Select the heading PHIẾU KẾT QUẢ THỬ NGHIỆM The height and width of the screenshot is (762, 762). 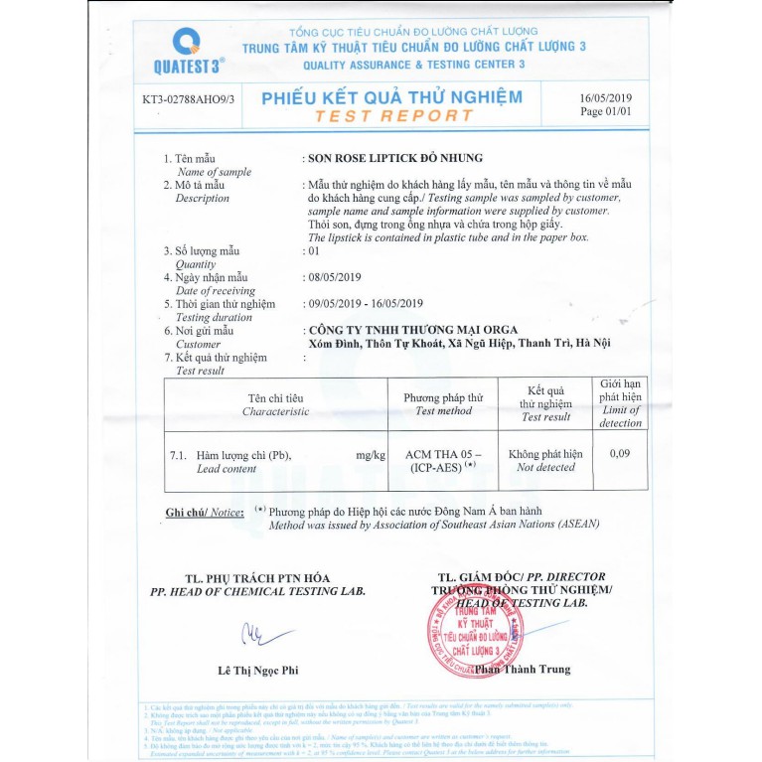point(391,97)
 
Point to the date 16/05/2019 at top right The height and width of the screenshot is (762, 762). point(605,98)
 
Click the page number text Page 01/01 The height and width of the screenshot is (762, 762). point(605,112)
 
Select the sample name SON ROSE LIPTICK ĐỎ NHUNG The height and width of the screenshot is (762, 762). point(395,158)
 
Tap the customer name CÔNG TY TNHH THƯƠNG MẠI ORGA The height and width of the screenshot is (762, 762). point(413,330)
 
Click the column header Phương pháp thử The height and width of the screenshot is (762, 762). point(443,397)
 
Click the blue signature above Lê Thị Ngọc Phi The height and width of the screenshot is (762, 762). point(260,633)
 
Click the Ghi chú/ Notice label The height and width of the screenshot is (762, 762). point(205,513)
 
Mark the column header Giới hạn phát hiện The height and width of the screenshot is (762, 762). point(620,402)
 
